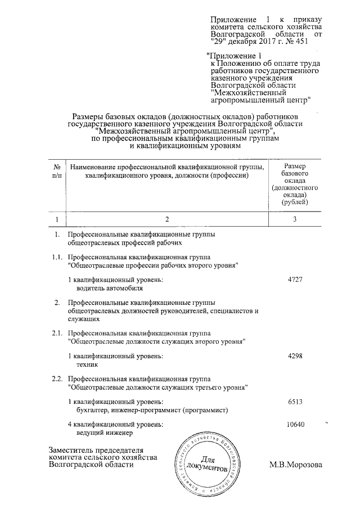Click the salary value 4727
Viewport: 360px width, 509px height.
[295, 280]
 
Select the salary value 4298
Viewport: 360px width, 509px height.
[295, 356]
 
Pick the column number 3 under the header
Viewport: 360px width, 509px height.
[295, 219]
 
